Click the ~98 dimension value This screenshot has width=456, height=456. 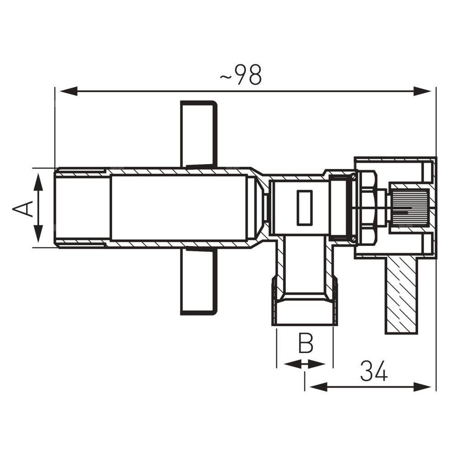(240, 75)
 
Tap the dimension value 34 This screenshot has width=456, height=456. (374, 371)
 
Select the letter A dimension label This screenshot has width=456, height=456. (23, 208)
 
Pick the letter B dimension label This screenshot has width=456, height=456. (306, 343)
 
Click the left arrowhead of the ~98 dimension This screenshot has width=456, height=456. (68, 91)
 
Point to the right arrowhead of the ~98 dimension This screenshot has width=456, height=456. (422, 91)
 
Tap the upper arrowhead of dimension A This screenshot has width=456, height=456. (38, 182)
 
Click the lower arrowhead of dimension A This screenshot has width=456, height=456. (38, 234)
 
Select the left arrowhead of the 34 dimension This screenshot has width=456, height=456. (318, 387)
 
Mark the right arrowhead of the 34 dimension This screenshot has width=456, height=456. (422, 387)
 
